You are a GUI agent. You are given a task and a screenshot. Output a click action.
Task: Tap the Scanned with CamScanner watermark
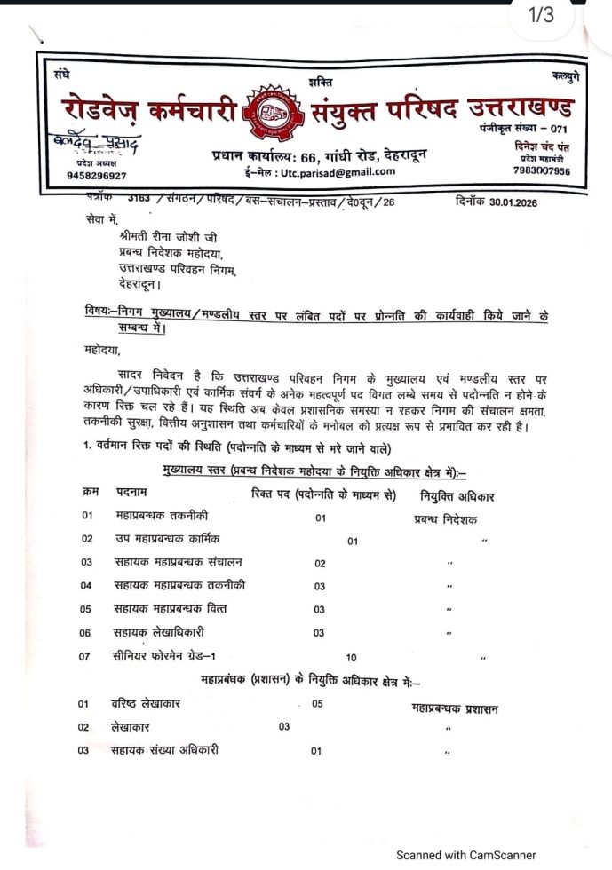click(465, 855)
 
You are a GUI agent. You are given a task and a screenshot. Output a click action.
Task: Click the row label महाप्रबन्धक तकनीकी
click(163, 516)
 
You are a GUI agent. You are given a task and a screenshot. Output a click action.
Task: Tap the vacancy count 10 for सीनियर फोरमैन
click(351, 658)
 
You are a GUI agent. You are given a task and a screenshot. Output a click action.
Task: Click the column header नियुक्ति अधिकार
click(459, 493)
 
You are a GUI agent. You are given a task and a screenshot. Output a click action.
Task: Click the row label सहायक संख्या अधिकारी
click(167, 750)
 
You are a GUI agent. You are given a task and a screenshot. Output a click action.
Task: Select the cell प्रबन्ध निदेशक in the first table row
click(446, 519)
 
